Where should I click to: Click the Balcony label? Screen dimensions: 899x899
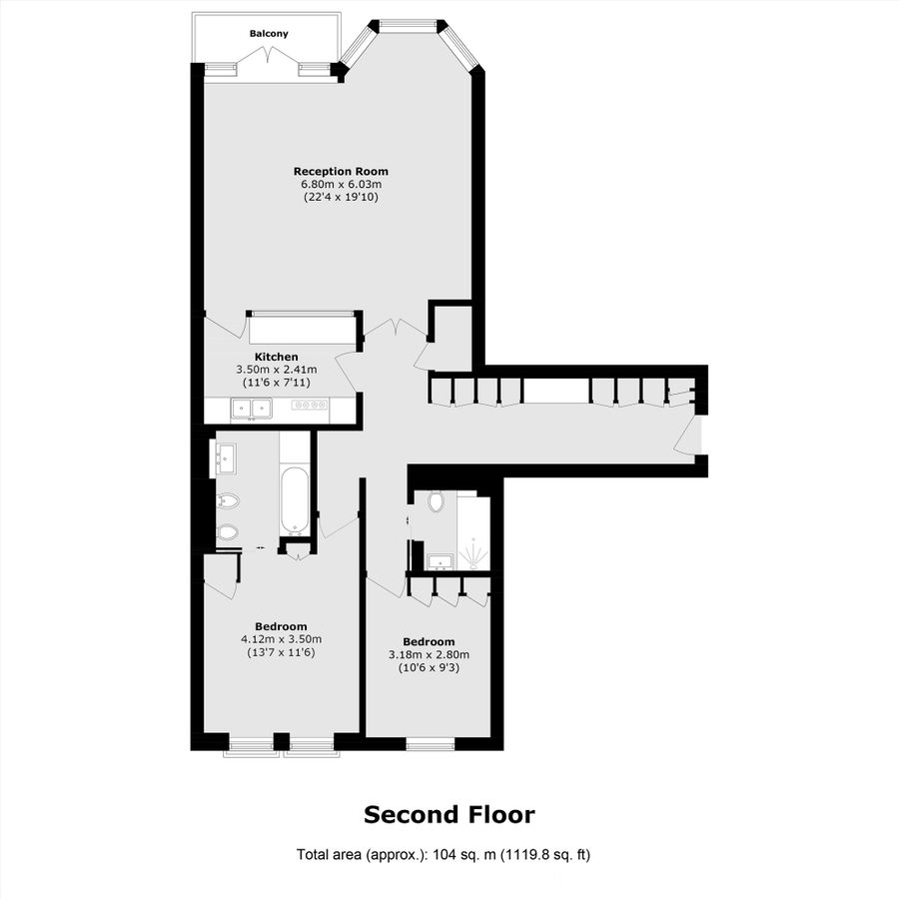point(269,34)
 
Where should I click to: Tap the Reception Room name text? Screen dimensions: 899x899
point(341,171)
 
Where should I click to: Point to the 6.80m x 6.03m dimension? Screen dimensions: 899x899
point(341,184)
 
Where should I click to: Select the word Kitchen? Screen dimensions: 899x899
point(276,357)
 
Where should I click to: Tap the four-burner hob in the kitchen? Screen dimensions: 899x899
point(310,405)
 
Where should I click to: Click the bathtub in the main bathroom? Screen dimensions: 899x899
point(295,498)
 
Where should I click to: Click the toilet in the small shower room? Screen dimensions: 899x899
point(437,500)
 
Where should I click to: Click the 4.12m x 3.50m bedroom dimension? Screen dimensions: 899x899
point(281,639)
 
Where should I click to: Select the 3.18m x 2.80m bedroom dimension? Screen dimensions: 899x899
point(429,654)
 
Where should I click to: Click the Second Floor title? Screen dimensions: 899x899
point(449,814)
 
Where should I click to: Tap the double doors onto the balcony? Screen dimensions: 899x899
point(270,68)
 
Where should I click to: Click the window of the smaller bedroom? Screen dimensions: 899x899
point(430,744)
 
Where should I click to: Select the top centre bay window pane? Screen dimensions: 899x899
point(409,25)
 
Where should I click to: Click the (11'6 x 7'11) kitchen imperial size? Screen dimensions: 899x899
point(276,383)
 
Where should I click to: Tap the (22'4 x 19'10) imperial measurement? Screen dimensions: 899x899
point(341,197)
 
